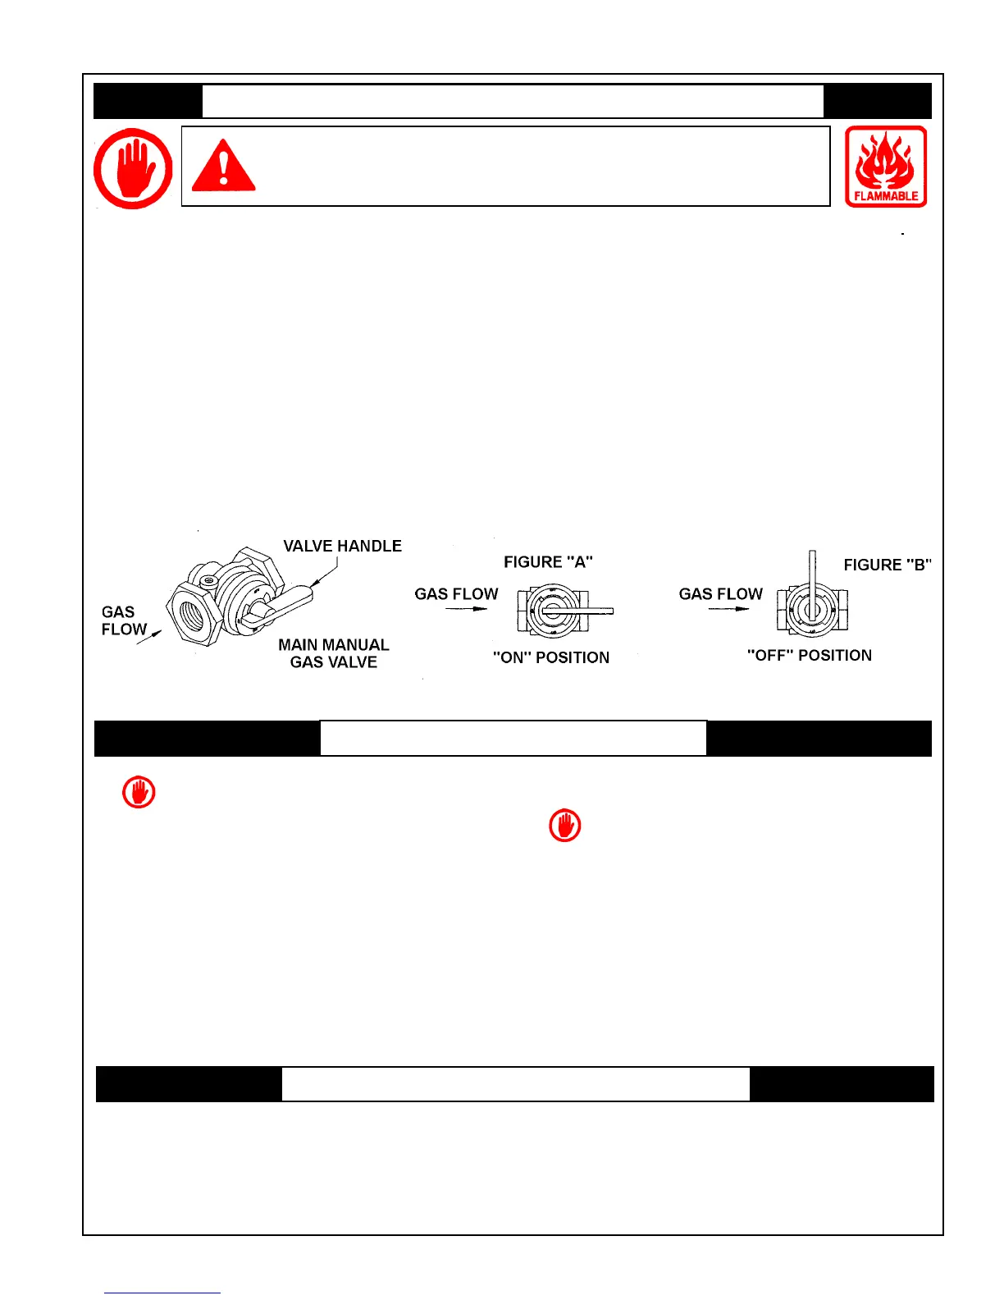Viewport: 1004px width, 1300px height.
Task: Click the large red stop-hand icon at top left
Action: (x=133, y=167)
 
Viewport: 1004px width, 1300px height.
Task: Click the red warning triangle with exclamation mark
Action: (x=223, y=167)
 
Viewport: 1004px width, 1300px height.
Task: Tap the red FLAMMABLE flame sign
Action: (x=886, y=167)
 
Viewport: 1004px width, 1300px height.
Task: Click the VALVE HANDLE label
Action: (x=342, y=546)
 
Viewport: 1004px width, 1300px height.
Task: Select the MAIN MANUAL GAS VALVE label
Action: (x=333, y=653)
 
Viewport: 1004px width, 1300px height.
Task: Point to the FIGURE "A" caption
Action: (x=548, y=562)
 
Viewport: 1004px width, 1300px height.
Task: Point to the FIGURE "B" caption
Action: (x=888, y=565)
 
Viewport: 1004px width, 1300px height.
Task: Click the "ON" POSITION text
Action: (x=551, y=657)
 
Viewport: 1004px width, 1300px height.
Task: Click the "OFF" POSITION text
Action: (x=809, y=655)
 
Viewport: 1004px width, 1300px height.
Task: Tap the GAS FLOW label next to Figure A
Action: (x=456, y=593)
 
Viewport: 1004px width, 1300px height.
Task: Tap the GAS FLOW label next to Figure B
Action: (x=720, y=593)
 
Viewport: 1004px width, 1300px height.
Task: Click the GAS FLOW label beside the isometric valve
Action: (x=123, y=620)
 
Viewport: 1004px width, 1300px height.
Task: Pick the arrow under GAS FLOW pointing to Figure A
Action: (x=466, y=609)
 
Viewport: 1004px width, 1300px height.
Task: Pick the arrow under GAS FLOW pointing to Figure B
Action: (x=728, y=609)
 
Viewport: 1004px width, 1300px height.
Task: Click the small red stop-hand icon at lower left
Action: (x=139, y=793)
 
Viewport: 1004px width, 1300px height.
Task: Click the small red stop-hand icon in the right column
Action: (x=564, y=826)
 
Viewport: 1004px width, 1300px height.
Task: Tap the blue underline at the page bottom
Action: (x=162, y=1293)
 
